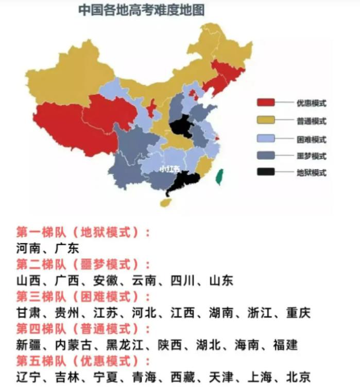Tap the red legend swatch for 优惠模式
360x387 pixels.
[x=266, y=102]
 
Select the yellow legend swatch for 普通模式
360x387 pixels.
[x=266, y=121]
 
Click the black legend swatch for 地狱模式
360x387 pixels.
[x=266, y=172]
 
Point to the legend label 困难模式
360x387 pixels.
[x=311, y=139]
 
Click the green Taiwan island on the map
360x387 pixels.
[x=219, y=177]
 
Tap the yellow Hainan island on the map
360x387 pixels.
[x=166, y=202]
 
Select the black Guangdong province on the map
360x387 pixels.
[x=184, y=181]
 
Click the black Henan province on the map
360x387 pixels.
[x=181, y=126]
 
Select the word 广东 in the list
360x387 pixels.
[x=67, y=248]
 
